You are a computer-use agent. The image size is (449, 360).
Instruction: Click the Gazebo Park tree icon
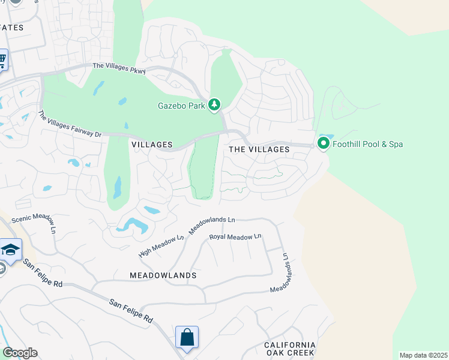(214, 106)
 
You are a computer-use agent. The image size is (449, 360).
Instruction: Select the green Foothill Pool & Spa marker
(323, 144)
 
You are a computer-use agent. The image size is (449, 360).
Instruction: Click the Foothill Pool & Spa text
(367, 144)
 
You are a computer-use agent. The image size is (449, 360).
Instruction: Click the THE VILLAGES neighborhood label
(255, 149)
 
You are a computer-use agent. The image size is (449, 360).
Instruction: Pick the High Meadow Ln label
(161, 246)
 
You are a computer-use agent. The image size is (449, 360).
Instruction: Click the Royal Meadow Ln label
(235, 237)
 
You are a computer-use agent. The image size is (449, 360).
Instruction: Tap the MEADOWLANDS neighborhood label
(163, 275)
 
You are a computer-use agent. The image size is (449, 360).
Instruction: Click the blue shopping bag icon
(187, 337)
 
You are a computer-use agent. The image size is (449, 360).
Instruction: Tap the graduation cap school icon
(11, 250)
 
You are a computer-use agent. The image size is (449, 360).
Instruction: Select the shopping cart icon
(2, 59)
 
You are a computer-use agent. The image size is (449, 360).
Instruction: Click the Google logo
(20, 353)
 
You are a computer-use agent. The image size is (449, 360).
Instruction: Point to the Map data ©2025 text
(423, 355)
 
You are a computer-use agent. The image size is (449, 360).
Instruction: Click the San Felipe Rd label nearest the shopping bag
(130, 312)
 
